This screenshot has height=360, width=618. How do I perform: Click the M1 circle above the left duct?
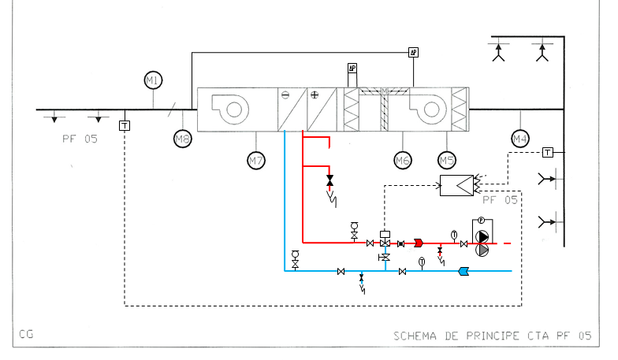point(153,80)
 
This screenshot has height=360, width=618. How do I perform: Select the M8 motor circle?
point(183,139)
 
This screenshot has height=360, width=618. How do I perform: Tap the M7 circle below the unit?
point(255,161)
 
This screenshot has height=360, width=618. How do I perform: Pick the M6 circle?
point(403,161)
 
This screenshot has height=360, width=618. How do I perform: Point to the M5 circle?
point(447,161)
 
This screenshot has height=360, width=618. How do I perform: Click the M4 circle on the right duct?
point(519,139)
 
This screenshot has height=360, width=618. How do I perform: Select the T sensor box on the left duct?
point(125,125)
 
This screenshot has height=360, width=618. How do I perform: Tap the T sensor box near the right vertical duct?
point(548,151)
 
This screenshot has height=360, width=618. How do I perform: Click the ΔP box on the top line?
point(413,53)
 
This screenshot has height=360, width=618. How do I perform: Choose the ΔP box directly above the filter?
point(352,69)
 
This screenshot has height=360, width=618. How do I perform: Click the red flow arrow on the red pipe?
point(419,243)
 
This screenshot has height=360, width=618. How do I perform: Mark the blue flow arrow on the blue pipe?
point(463,272)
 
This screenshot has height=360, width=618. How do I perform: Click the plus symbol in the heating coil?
point(315,95)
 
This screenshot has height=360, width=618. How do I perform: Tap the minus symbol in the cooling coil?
point(285,95)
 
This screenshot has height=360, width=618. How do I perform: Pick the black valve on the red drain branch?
point(329,180)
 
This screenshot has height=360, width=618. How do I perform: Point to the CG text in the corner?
point(26,335)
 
